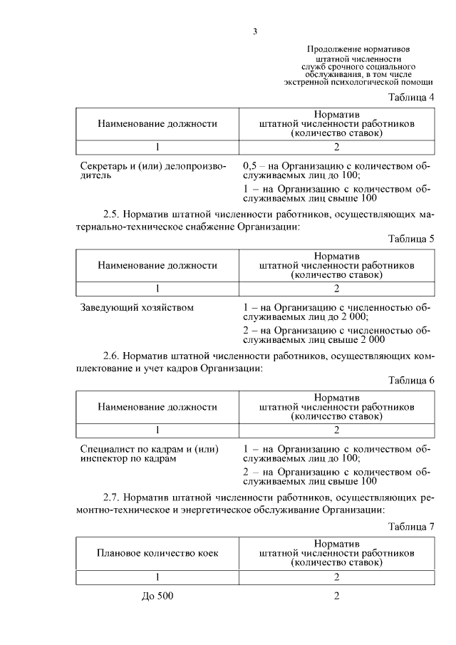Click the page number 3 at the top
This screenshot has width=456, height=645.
254,31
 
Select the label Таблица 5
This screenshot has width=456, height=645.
411,239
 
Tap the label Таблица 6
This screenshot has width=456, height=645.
411,381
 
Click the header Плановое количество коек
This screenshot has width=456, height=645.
157,552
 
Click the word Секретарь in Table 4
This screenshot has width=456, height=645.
104,166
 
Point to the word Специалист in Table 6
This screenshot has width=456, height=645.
107,449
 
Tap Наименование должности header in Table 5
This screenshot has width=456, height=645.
157,265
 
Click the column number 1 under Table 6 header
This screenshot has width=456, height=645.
157,430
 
